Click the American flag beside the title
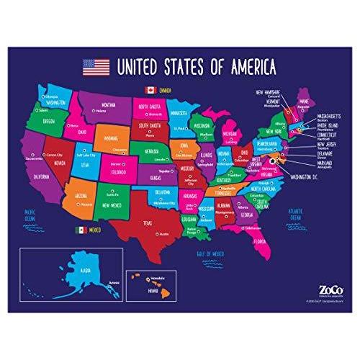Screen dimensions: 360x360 (x=97, y=67)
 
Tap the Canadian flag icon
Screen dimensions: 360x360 (x=150, y=90)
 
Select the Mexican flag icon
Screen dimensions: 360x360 (x=81, y=230)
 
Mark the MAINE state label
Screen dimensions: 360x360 (x=302, y=103)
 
